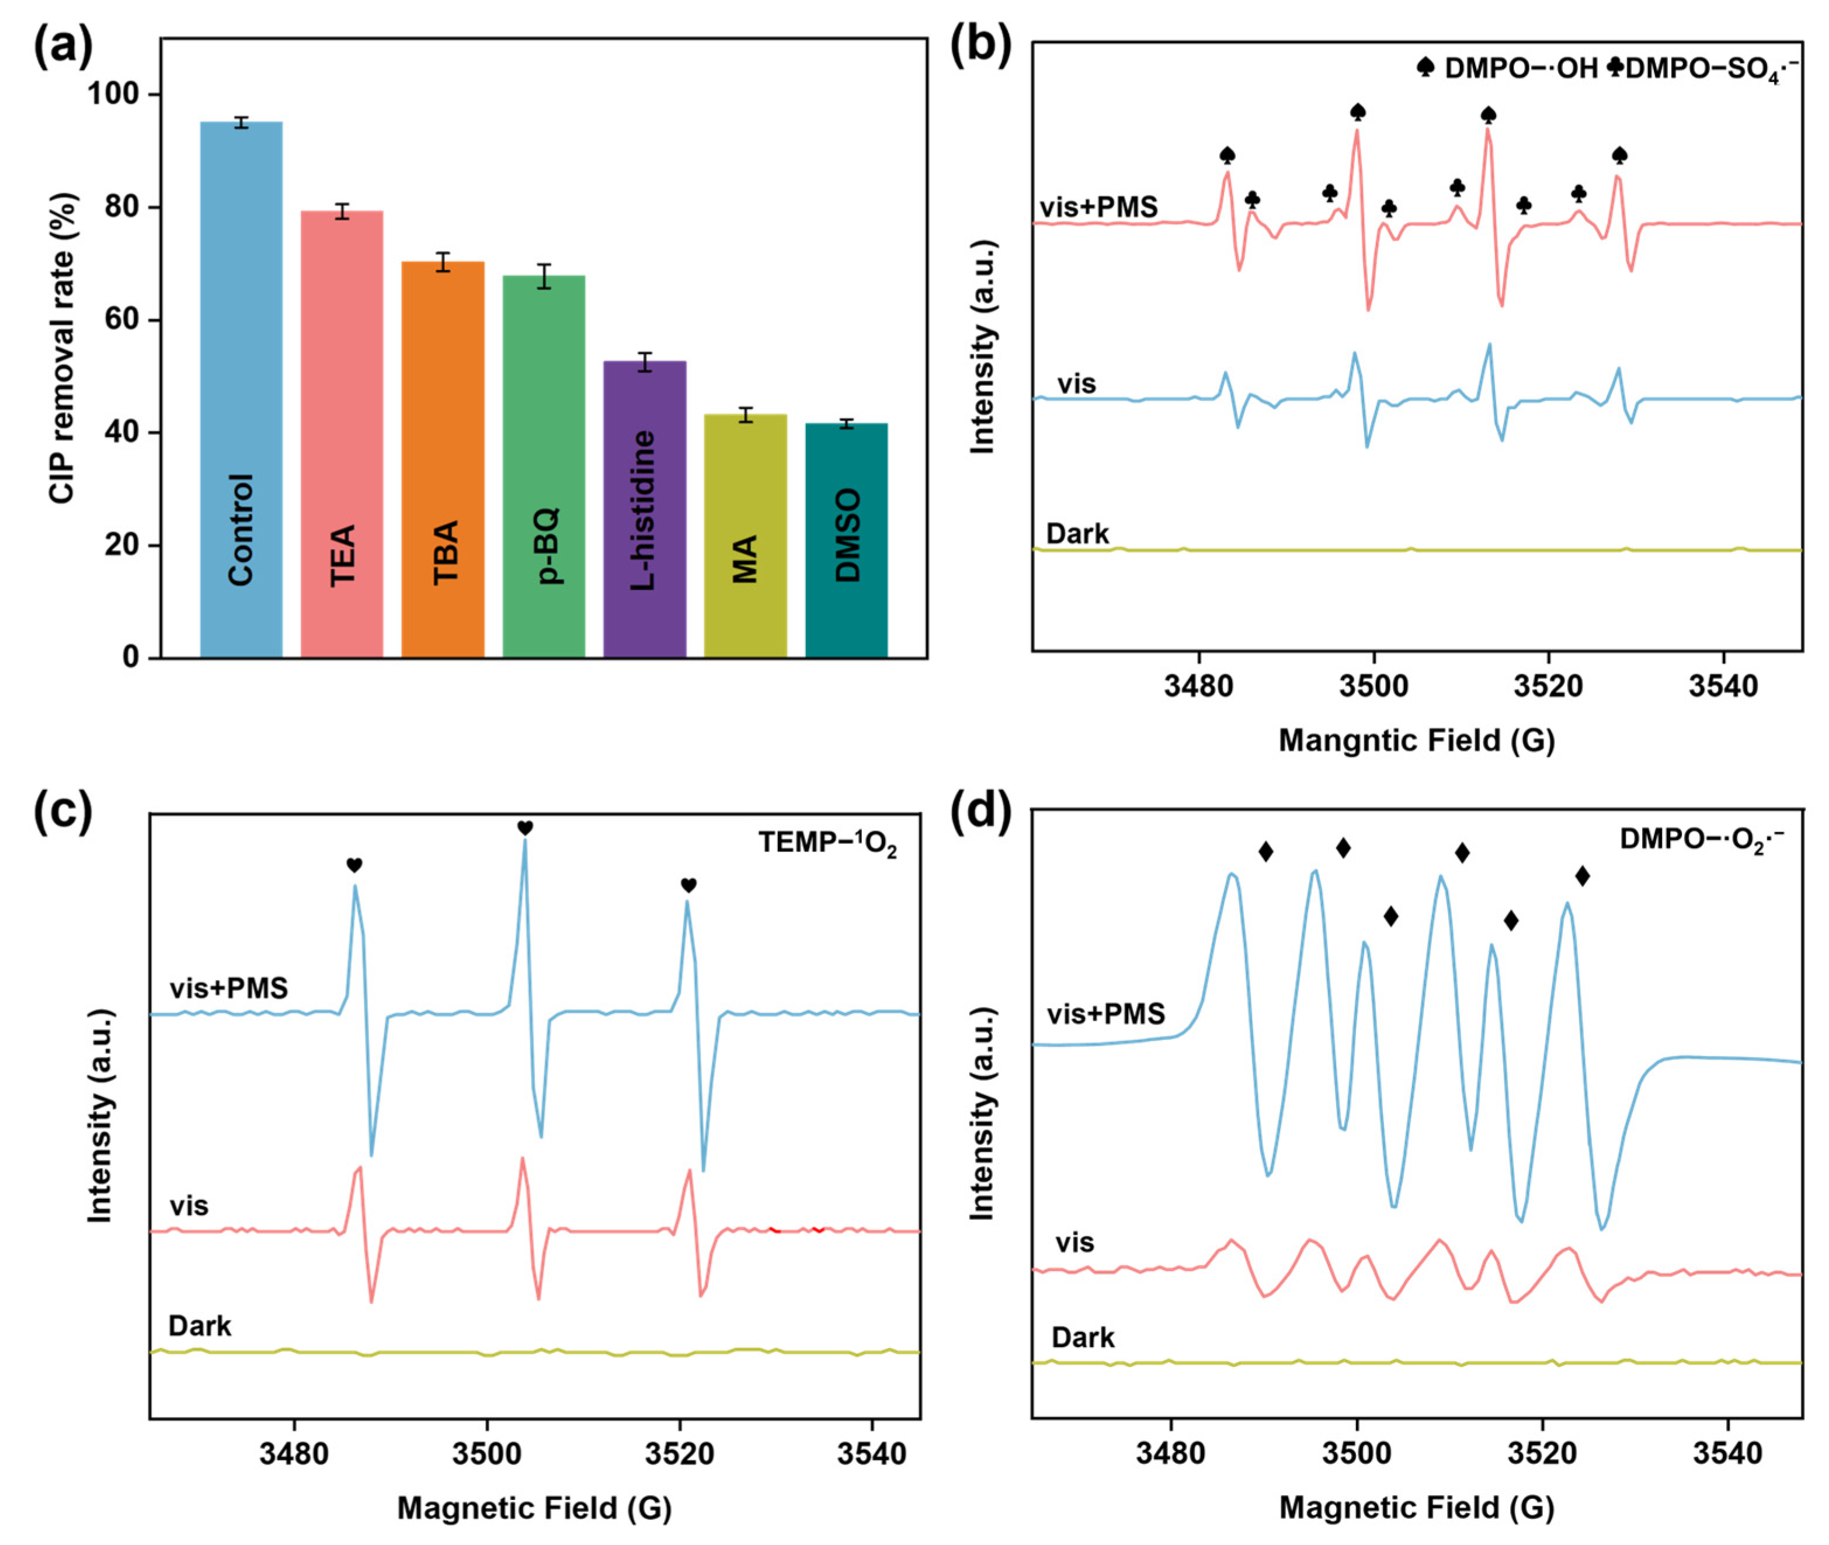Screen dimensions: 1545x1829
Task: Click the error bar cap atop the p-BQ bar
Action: [544, 265]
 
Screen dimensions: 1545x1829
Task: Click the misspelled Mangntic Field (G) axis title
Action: [1417, 741]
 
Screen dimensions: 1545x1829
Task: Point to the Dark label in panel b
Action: [1077, 534]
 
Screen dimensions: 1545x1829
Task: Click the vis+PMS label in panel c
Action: [229, 988]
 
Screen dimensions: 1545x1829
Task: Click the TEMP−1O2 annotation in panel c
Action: [827, 843]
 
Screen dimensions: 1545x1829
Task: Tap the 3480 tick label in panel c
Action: [293, 1454]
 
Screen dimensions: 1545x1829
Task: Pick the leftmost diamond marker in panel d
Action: [1265, 851]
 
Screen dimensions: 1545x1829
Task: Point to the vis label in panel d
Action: [1075, 1243]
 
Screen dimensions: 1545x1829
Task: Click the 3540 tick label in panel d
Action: [1726, 1454]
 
